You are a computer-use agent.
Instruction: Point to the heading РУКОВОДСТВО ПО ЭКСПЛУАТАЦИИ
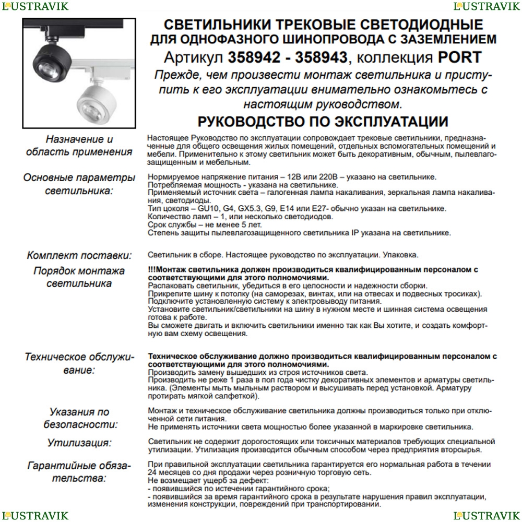click(x=323, y=122)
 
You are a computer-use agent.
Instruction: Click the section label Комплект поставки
click(x=79, y=256)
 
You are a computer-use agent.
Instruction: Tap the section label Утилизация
click(x=79, y=443)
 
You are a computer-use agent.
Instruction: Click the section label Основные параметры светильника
click(x=79, y=184)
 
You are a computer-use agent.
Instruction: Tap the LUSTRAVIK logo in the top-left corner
click(x=34, y=6)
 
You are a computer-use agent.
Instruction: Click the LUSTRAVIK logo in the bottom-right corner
click(x=487, y=516)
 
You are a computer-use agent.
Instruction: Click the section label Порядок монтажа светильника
click(x=79, y=277)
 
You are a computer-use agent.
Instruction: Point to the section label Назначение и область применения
click(x=79, y=146)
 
